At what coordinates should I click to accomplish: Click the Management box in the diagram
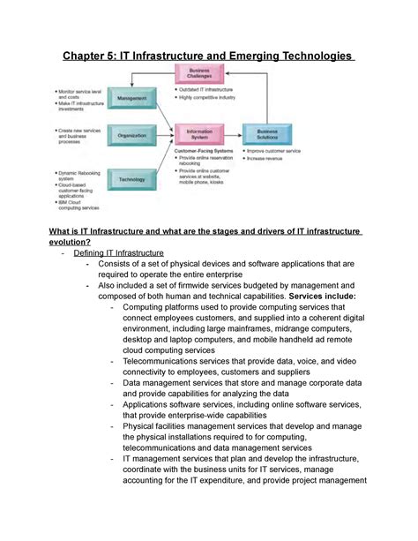click(x=131, y=99)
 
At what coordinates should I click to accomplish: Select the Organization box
click(x=131, y=135)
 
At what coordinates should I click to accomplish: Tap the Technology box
click(x=131, y=180)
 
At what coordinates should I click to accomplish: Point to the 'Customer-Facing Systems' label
click(x=204, y=151)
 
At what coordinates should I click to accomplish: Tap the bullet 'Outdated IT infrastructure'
click(x=213, y=89)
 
